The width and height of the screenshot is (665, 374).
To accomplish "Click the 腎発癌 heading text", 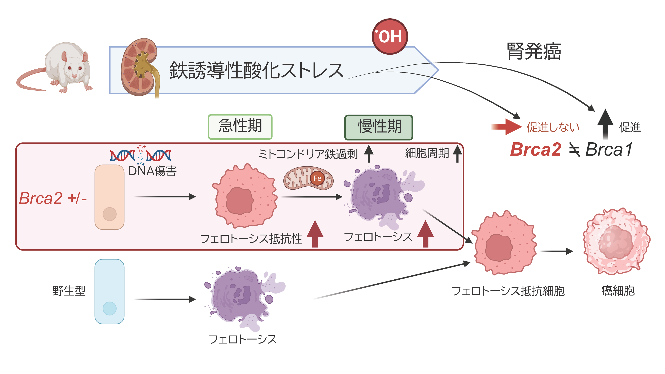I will pos(534,51).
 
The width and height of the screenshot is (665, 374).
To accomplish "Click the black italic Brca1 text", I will pos(609,149).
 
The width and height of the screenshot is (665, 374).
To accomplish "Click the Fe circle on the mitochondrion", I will pos(317,178).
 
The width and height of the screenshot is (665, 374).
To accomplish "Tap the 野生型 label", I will pos(69,291).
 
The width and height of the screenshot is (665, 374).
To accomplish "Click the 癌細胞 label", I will pos(618,291).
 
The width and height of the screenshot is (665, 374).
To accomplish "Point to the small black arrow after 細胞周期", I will pos(457,154).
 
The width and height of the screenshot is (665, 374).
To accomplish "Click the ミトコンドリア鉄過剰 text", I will pos(308,154).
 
